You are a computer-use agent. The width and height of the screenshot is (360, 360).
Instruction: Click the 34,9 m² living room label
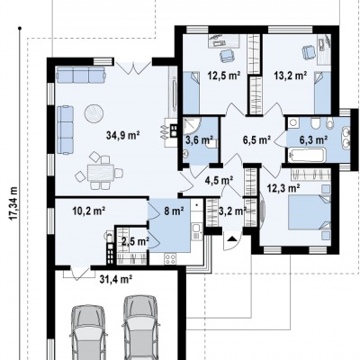pyautogui.click(x=123, y=136)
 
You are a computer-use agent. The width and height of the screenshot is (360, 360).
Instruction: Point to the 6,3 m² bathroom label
pyautogui.click(x=313, y=139)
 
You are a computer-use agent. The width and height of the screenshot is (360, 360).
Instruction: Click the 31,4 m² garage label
pyautogui.click(x=116, y=280)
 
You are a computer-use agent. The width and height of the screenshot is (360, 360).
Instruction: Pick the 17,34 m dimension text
pyautogui.click(x=13, y=203)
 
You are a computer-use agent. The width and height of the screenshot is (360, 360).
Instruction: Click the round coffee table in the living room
pyautogui.click(x=94, y=113)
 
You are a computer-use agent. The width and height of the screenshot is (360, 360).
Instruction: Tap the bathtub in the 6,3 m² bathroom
pyautogui.click(x=307, y=156)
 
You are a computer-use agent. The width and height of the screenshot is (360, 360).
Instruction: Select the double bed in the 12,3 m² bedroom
pyautogui.click(x=310, y=211)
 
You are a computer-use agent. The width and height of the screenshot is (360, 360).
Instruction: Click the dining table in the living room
pyautogui.click(x=101, y=173)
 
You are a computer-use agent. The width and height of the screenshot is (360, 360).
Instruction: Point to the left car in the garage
pyautogui.click(x=89, y=332)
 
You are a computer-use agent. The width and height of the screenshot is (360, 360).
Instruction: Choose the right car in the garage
pyautogui.click(x=140, y=328)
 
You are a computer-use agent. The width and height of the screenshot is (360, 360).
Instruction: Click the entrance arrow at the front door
pyautogui.click(x=231, y=239)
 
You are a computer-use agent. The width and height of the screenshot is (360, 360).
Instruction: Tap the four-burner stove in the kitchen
pyautogui.click(x=170, y=259)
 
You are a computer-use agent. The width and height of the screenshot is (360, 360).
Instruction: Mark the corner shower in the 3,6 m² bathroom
pyautogui.click(x=192, y=125)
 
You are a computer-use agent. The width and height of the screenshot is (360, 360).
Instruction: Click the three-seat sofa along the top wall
pyautogui.click(x=81, y=75)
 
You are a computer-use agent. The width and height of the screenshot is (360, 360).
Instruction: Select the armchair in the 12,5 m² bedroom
pyautogui.click(x=227, y=56)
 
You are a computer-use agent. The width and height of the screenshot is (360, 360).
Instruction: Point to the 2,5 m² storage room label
pyautogui.click(x=136, y=242)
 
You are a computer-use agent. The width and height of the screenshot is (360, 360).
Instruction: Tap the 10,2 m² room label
pyautogui.click(x=89, y=211)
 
